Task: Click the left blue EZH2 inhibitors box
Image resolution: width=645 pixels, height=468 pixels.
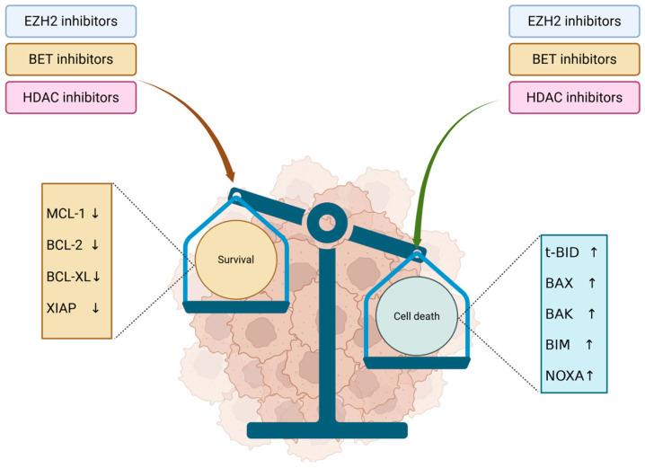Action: pos(69,20)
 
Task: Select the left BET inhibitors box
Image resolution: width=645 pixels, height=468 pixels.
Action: pos(69,58)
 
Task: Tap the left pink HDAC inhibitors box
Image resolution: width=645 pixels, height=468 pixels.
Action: pos(69,97)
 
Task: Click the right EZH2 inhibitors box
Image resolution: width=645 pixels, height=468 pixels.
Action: pos(576,20)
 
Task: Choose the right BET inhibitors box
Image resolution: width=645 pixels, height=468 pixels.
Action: pos(576,58)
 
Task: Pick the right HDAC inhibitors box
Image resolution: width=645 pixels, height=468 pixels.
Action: pos(576,97)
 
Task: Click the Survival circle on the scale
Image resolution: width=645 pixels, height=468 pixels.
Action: pos(235,259)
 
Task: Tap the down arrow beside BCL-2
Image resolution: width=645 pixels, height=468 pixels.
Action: pos(95,244)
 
